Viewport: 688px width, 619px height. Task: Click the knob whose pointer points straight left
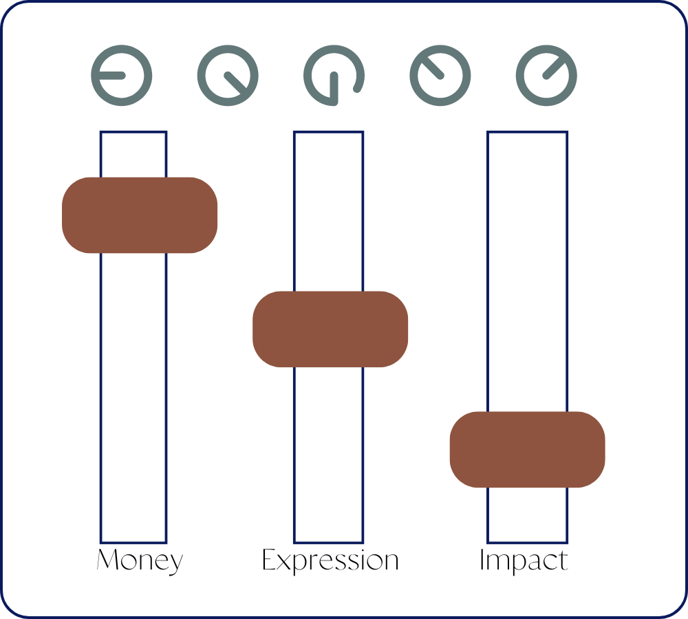[122, 75]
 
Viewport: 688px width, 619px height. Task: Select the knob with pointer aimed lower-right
[228, 75]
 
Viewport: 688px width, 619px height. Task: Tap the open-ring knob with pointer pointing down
[334, 75]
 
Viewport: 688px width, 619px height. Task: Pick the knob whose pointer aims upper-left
[440, 75]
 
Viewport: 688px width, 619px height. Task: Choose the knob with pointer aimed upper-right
[546, 75]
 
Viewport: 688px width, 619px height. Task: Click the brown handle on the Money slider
[140, 215]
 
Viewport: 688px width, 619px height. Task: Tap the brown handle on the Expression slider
[330, 329]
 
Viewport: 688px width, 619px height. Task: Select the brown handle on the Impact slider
[527, 449]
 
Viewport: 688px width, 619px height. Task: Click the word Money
[140, 561]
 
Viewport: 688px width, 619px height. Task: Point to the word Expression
[330, 561]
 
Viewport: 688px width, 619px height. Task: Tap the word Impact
[524, 561]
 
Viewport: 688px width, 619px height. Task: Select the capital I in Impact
[482, 560]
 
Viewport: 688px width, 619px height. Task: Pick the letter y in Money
[175, 564]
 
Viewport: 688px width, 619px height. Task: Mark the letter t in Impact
[563, 561]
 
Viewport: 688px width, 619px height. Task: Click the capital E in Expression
[270, 560]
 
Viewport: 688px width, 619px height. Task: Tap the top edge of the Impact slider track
[528, 132]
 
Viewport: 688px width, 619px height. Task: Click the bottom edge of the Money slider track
[133, 543]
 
